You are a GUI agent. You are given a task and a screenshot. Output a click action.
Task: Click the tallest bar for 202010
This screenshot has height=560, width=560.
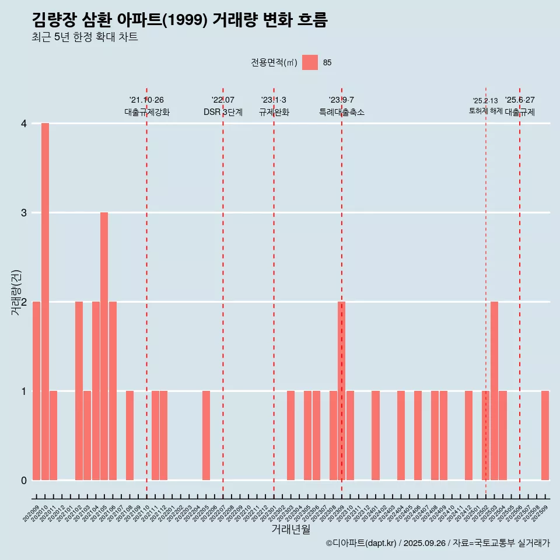point(45,302)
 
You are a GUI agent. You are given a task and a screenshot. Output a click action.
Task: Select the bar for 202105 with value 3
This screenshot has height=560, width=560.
point(104,346)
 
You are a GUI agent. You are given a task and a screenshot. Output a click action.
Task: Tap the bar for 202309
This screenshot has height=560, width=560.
point(341,391)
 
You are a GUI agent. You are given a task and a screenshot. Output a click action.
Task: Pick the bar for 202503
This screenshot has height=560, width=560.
point(494,391)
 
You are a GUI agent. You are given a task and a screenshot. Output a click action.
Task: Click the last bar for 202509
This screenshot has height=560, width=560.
point(545,435)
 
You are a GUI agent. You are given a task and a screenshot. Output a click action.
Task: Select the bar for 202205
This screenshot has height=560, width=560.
point(206,435)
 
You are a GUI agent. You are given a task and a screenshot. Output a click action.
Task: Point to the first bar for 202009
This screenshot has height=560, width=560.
point(36,391)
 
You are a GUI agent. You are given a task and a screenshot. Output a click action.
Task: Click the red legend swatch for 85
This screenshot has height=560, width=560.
point(310,62)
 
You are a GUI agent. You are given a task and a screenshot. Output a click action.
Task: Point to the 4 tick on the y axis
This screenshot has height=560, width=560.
point(24,124)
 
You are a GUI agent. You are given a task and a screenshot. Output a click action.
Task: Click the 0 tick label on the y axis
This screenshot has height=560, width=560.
point(24,480)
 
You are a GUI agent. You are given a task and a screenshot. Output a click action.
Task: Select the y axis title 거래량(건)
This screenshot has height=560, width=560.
point(16,292)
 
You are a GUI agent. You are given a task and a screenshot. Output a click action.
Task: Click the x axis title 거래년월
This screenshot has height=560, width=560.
point(290,530)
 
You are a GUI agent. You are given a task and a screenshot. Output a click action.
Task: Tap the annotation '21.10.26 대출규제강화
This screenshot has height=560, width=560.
point(146,106)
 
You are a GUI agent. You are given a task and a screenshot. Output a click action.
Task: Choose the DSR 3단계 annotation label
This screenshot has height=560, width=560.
point(223,112)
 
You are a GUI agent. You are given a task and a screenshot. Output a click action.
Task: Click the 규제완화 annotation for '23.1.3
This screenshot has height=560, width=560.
point(274,112)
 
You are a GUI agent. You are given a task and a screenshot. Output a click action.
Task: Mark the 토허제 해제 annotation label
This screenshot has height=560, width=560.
point(485,111)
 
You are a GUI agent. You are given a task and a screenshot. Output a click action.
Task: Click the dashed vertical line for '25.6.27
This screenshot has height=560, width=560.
point(520,292)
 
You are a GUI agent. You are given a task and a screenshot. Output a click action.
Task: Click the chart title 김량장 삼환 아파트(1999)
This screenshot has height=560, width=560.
point(180,20)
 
